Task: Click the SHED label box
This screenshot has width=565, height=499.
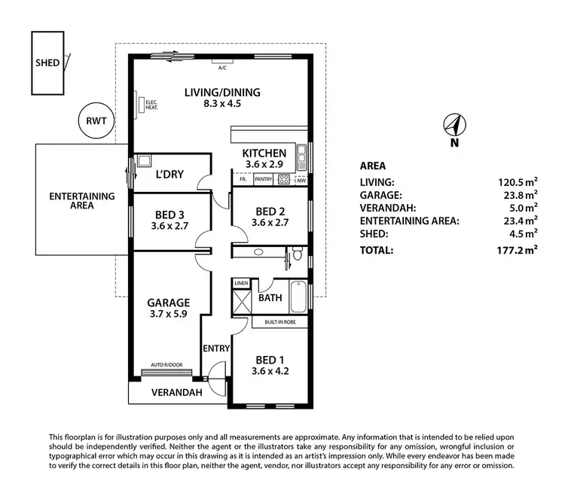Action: tap(47, 62)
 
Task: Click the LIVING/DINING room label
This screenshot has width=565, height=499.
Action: tap(222, 93)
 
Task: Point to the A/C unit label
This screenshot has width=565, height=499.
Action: tap(222, 68)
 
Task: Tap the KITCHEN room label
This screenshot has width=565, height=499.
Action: tap(264, 153)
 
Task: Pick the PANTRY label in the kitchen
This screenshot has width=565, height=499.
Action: tap(263, 179)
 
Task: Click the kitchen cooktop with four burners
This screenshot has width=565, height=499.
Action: tap(284, 179)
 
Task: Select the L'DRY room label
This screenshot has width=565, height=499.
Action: tap(169, 175)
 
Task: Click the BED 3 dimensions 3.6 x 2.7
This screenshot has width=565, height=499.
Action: tap(169, 225)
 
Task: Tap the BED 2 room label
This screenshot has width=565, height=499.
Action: tap(269, 211)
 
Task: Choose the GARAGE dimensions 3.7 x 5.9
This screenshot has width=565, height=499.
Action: tap(169, 317)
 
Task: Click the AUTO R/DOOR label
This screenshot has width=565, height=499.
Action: tap(166, 364)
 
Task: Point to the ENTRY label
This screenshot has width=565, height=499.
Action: tap(216, 348)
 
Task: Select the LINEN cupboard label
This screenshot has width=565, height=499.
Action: tap(241, 283)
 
